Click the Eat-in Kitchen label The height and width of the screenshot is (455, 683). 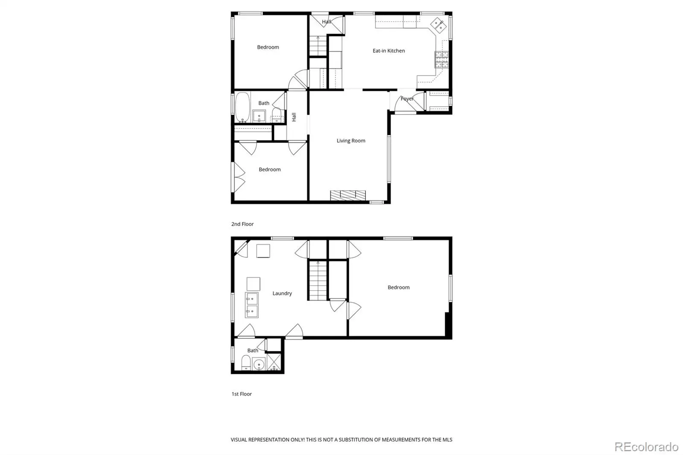[388, 51]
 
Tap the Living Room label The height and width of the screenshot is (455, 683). [350, 140]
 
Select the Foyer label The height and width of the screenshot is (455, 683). [407, 99]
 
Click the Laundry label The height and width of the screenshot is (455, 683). [282, 293]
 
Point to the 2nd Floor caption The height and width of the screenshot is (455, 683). [242, 224]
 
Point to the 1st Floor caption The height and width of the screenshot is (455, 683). [242, 394]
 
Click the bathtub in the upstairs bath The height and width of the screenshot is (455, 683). [242, 107]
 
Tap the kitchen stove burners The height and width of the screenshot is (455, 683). [441, 59]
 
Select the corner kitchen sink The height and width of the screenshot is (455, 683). [438, 25]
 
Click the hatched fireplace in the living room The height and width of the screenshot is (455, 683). [348, 195]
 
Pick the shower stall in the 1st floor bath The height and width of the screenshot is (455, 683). [274, 362]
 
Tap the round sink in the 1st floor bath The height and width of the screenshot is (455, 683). [259, 364]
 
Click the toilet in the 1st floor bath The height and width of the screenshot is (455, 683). [246, 363]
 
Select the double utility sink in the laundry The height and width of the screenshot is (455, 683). [252, 305]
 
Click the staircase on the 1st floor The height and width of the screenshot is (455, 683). [318, 281]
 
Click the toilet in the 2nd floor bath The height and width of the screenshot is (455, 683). [277, 115]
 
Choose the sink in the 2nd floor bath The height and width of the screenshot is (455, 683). [259, 116]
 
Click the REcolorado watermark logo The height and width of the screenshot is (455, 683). [646, 447]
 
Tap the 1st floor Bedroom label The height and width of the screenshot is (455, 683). [399, 287]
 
